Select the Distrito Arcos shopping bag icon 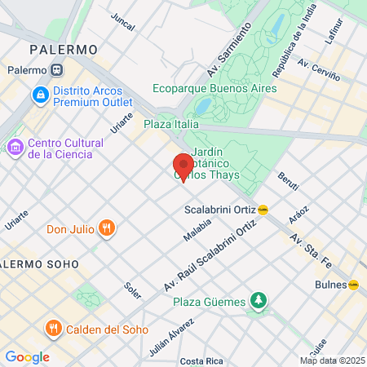click(39, 95)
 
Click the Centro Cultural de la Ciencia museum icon click(14, 148)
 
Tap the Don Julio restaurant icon click(106, 228)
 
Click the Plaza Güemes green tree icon click(259, 301)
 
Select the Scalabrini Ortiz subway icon click(263, 209)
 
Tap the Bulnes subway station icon click(354, 285)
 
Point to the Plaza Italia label click(171, 124)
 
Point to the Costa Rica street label click(202, 360)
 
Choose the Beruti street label click(288, 180)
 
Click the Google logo click(27, 356)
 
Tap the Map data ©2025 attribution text click(331, 360)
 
